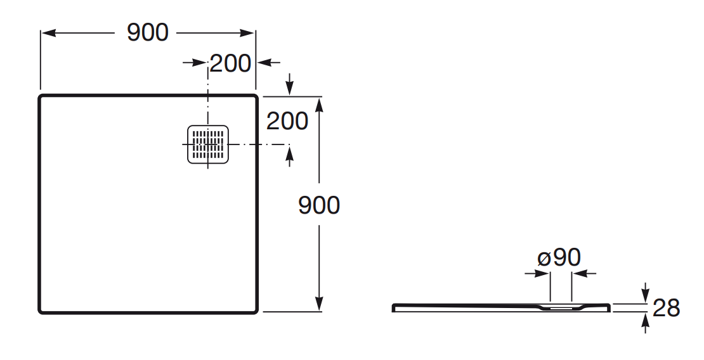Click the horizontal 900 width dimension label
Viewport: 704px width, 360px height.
[x=148, y=32]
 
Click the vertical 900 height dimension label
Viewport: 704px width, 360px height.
[x=319, y=205]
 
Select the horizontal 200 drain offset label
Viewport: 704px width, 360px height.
[x=230, y=63]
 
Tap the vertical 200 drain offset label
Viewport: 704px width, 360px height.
[x=287, y=121]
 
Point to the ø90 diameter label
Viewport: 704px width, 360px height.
[x=559, y=257]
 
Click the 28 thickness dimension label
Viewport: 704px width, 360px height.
[x=666, y=309]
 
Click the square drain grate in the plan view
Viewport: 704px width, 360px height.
[x=208, y=145]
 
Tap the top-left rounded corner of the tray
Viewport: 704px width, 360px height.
[x=42, y=98]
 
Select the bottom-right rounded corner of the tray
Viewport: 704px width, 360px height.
[x=254, y=311]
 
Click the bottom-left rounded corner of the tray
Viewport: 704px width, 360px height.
[x=42, y=311]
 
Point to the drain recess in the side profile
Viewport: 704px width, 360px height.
[x=561, y=308]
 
